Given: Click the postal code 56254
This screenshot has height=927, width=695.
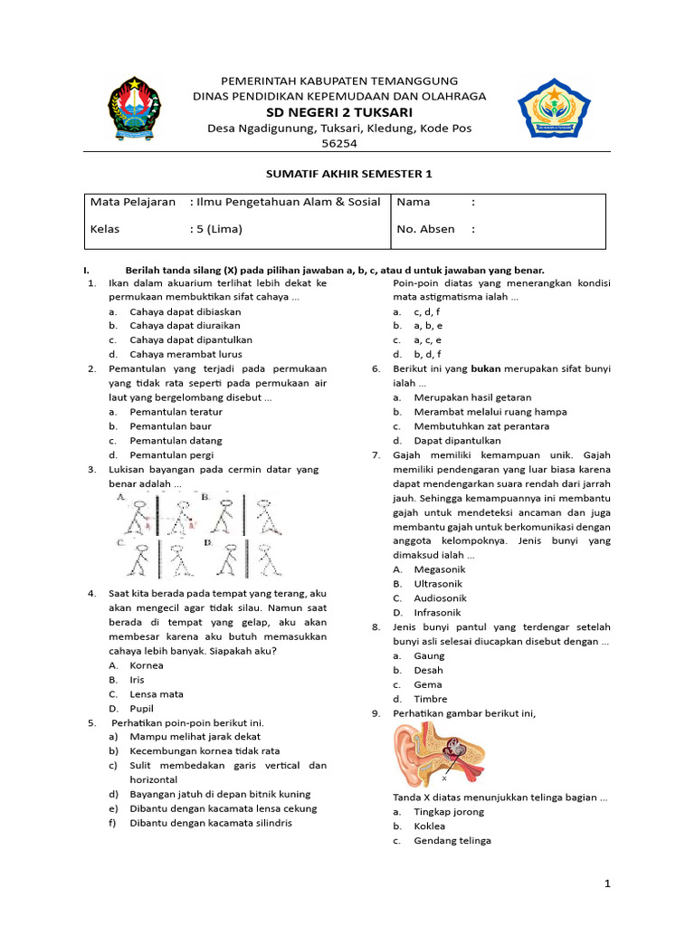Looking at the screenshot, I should point(339,144).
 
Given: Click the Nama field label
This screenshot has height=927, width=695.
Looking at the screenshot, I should point(414,202).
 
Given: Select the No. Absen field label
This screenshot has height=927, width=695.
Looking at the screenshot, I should point(425,229).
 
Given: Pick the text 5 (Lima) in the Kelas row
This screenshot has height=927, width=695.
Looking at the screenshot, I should point(220,229).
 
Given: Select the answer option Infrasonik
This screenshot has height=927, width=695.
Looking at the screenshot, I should point(437,612).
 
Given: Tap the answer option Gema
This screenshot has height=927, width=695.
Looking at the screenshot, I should point(428,684).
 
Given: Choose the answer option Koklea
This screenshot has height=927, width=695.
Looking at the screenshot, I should point(430,826).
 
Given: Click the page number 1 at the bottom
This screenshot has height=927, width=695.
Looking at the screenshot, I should point(608,883).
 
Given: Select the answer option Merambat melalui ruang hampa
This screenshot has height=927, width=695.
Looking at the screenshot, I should point(490,411).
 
